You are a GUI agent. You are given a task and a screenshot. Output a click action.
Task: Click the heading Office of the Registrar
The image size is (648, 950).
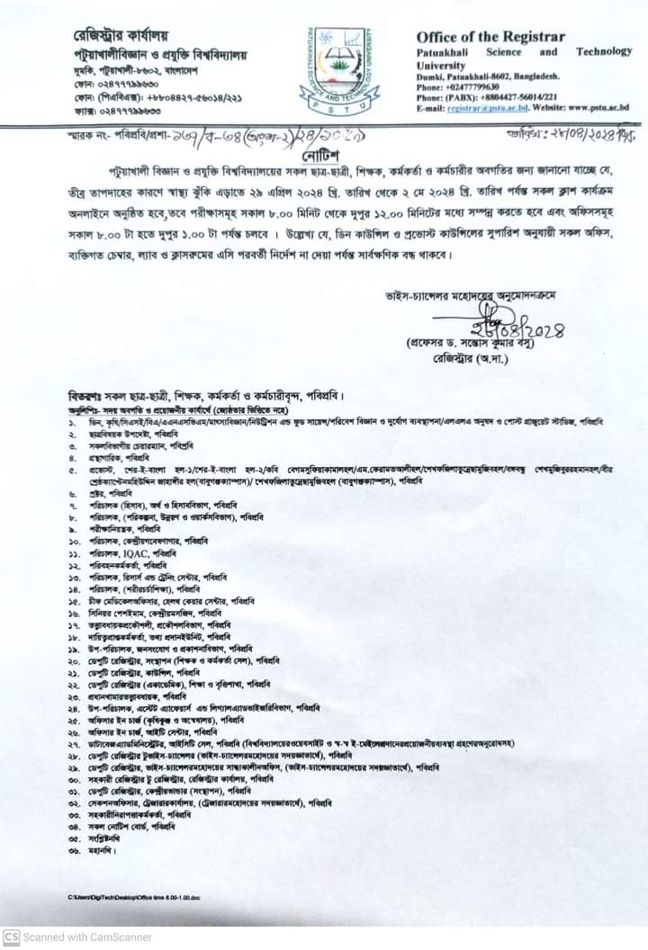(490, 37)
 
